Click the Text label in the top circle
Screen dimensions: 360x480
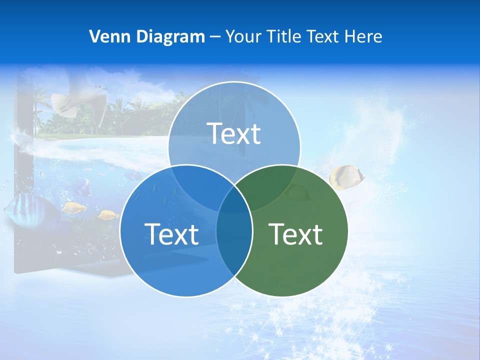click(x=234, y=133)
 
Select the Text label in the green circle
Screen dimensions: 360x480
click(x=295, y=234)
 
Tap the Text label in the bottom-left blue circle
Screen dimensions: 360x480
click(x=171, y=234)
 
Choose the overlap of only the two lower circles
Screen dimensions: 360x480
click(x=234, y=240)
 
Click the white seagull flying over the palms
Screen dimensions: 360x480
click(x=80, y=100)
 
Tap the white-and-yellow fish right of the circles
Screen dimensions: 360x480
click(x=346, y=177)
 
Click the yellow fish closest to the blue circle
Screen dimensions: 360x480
click(x=108, y=215)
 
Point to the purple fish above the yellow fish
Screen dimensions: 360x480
click(x=83, y=188)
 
